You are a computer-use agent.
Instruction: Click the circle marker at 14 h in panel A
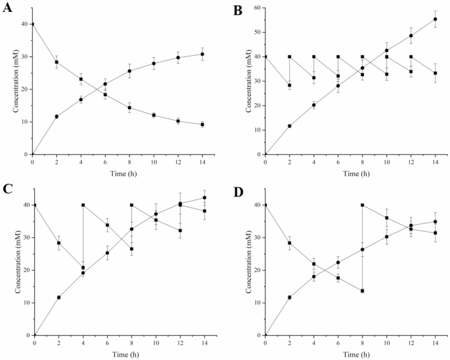pyautogui.click(x=202, y=54)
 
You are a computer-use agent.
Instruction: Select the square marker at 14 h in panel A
pyautogui.click(x=202, y=124)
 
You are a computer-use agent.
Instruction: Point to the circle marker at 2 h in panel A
pyautogui.click(x=56, y=116)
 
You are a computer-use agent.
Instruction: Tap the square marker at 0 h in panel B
pyautogui.click(x=265, y=56)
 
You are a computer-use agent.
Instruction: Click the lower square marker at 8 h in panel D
pyautogui.click(x=362, y=290)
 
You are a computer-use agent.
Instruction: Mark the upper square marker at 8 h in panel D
pyautogui.click(x=362, y=205)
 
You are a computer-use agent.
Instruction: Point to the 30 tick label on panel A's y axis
pyautogui.click(x=24, y=56)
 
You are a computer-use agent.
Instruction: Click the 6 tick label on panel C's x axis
pyautogui.click(x=106, y=343)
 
